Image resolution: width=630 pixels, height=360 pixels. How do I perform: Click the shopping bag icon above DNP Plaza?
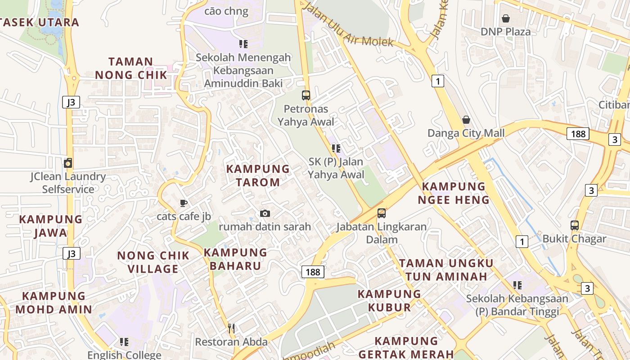pyautogui.click(x=506, y=18)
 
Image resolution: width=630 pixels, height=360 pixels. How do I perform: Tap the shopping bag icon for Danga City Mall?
pyautogui.click(x=466, y=120)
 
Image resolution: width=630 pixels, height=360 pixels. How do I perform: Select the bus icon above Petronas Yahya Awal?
pyautogui.click(x=306, y=95)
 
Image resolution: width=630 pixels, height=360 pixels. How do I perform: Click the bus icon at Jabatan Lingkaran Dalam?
pyautogui.click(x=382, y=213)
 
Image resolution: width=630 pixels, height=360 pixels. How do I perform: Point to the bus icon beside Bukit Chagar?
pyautogui.click(x=575, y=225)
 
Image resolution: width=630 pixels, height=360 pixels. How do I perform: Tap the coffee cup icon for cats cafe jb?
pyautogui.click(x=184, y=203)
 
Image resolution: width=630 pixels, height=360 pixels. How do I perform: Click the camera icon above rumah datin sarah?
pyautogui.click(x=265, y=213)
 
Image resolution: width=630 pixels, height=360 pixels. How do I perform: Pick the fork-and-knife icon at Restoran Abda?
pyautogui.click(x=231, y=328)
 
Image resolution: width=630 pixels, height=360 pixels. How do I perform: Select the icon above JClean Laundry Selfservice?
pyautogui.click(x=68, y=163)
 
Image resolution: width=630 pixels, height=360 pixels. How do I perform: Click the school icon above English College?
pyautogui.click(x=124, y=342)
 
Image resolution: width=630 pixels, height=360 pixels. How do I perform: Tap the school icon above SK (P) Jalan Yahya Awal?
pyautogui.click(x=336, y=148)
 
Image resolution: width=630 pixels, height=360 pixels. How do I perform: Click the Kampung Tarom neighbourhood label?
pyautogui.click(x=258, y=175)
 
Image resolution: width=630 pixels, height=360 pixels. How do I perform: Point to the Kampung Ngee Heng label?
pyautogui.click(x=454, y=193)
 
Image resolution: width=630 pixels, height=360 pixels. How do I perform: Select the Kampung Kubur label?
pyautogui.click(x=390, y=301)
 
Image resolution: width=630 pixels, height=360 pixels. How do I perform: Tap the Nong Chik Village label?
pyautogui.click(x=153, y=262)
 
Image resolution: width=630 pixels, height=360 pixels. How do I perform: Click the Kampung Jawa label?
pyautogui.click(x=51, y=226)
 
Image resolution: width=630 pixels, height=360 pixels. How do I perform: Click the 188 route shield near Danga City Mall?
pyautogui.click(x=578, y=133)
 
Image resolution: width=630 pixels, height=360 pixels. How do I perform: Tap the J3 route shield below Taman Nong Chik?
pyautogui.click(x=71, y=102)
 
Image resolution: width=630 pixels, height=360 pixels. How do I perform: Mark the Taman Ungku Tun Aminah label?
pyautogui.click(x=446, y=270)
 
